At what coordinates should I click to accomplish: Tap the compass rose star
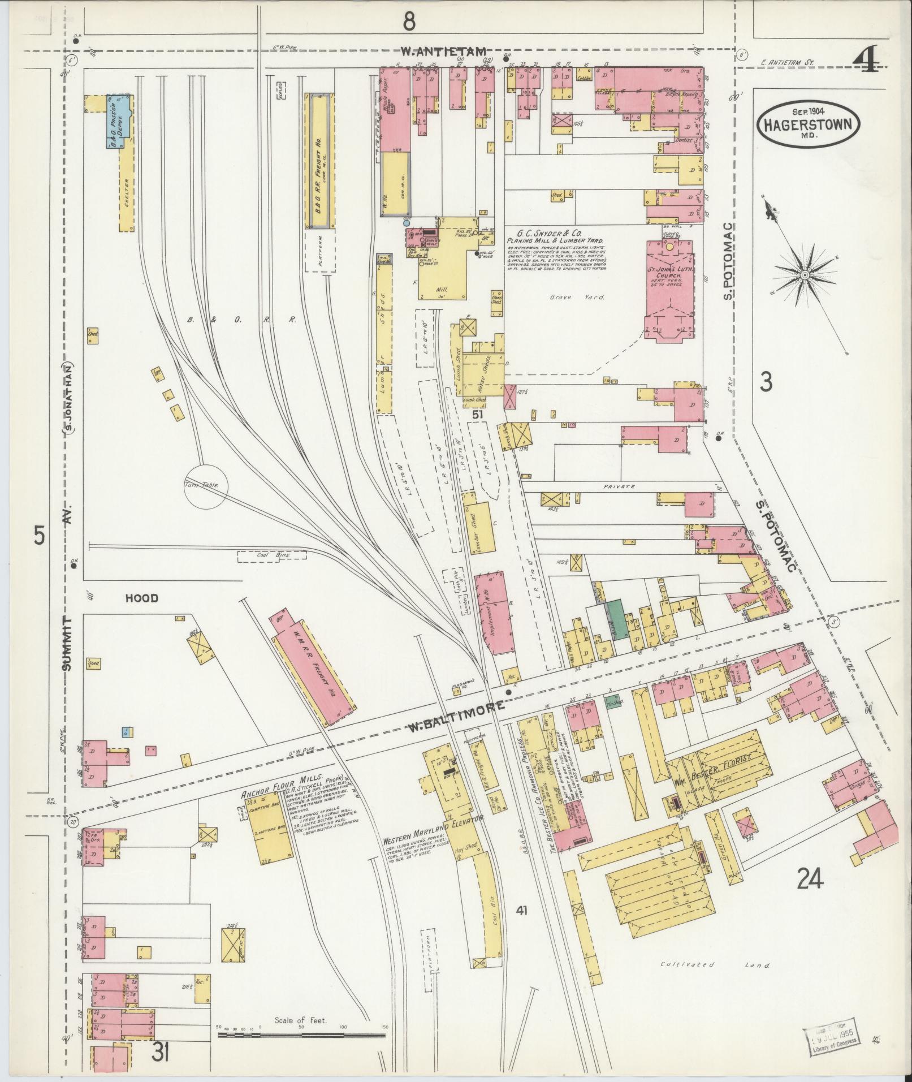coord(803,274)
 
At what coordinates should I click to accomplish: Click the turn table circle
coord(205,485)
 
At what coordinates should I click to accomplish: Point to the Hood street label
coord(141,598)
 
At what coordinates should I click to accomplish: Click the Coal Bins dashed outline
coord(271,556)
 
